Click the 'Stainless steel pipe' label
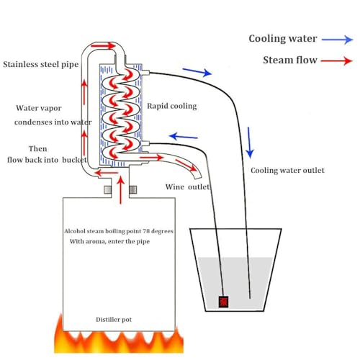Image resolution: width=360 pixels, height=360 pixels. pyautogui.click(x=40, y=64)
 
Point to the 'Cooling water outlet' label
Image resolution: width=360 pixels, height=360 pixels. pyautogui.click(x=287, y=171)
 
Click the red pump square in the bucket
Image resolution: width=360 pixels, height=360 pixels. pyautogui.click(x=223, y=300)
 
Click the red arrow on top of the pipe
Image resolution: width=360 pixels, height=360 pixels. pyautogui.click(x=104, y=45)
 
